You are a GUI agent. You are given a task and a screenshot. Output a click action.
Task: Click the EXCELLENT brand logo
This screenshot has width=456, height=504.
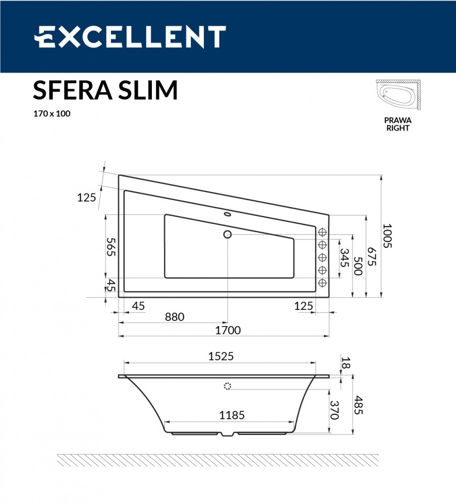130,37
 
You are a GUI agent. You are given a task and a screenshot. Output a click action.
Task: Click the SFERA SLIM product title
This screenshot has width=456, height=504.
105,90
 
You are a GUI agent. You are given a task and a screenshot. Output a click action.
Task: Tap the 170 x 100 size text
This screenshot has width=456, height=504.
52,113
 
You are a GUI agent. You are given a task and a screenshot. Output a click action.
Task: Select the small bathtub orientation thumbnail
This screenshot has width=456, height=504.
398,95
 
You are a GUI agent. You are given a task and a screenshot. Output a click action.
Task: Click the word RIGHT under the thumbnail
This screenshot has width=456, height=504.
398,128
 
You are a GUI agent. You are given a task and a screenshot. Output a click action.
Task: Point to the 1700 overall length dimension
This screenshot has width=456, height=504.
228,330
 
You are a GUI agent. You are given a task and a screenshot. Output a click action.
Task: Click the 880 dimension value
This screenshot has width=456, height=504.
175,317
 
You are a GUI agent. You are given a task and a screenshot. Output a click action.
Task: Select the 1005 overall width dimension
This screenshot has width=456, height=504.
387,235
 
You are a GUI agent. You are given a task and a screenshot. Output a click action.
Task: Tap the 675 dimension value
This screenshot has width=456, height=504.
372,257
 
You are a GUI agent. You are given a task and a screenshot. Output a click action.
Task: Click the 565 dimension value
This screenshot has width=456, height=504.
111,247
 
